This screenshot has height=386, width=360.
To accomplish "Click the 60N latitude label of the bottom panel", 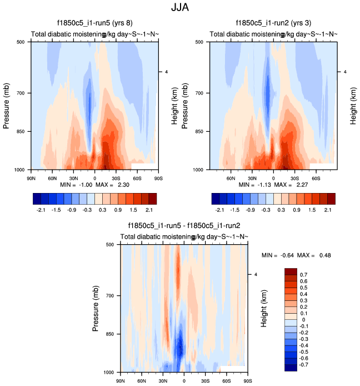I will pyautogui.click(x=141, y=380).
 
